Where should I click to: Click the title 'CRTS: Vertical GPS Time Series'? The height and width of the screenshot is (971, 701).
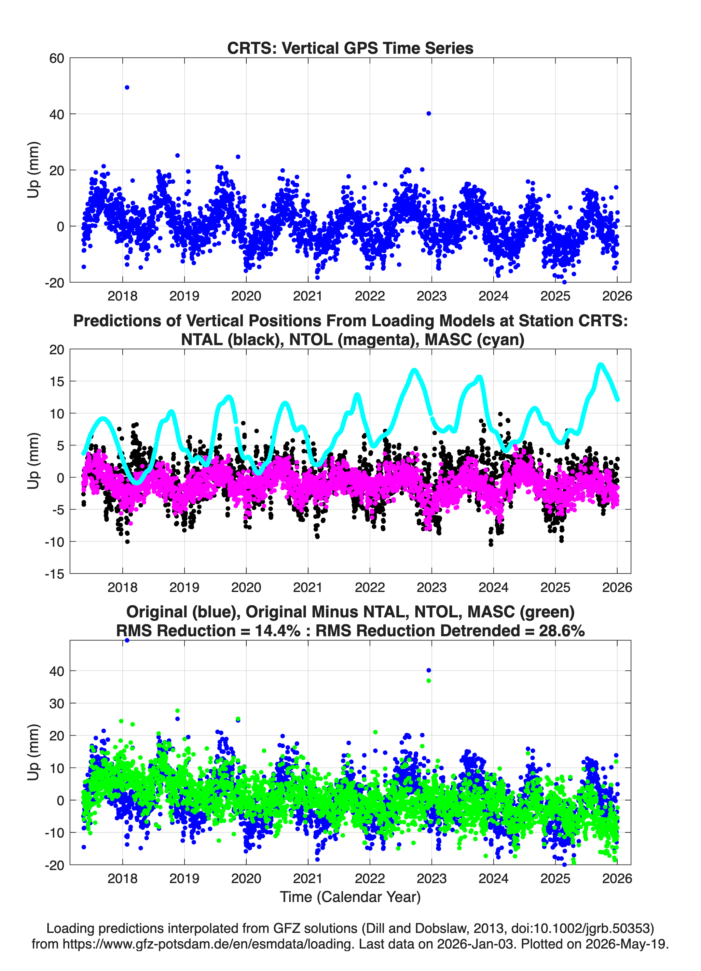pyautogui.click(x=350, y=48)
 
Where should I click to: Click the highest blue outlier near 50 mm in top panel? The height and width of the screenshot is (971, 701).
pyautogui.click(x=127, y=87)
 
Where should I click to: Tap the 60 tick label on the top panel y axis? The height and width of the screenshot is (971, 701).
pyautogui.click(x=57, y=58)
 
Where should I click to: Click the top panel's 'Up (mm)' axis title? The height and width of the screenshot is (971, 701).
pyautogui.click(x=33, y=170)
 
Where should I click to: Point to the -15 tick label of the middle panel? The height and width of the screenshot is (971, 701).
pyautogui.click(x=54, y=574)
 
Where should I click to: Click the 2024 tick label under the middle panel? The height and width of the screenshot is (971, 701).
pyautogui.click(x=493, y=587)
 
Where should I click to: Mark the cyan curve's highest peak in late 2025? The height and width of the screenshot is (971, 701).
pyautogui.click(x=601, y=365)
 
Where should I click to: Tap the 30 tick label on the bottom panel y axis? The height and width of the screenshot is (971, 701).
pyautogui.click(x=57, y=703)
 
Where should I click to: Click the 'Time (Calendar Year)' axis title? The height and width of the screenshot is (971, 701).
pyautogui.click(x=350, y=897)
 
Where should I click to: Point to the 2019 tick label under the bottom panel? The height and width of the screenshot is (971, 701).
pyautogui.click(x=185, y=878)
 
